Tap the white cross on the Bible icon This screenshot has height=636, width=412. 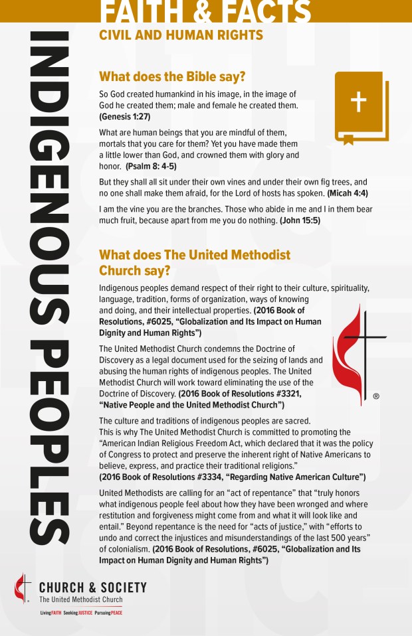point(358,102)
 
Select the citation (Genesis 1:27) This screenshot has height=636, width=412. point(125,116)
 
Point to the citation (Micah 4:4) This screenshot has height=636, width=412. point(348,193)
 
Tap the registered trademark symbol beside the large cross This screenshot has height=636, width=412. point(376,396)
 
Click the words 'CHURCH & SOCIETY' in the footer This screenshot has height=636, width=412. point(93,588)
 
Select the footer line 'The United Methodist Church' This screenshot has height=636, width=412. point(80,599)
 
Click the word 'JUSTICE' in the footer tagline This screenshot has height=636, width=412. point(81,612)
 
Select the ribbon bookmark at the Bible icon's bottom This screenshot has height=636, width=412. point(348,139)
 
